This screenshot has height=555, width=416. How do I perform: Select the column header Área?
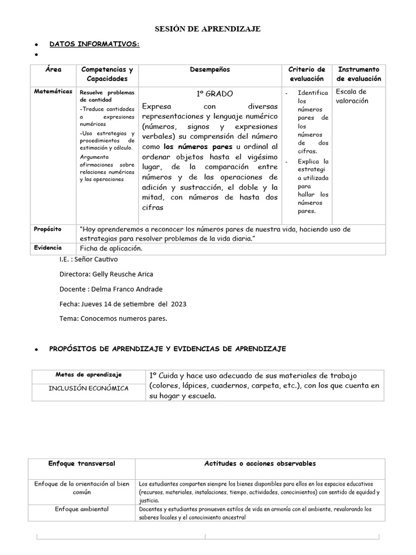[54, 69]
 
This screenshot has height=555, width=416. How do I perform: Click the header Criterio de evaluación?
[307, 74]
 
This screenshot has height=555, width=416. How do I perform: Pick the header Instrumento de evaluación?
[359, 74]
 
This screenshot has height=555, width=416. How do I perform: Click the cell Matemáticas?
[53, 92]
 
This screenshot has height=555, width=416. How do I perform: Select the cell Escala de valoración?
[351, 96]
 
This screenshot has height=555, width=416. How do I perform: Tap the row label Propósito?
[47, 229]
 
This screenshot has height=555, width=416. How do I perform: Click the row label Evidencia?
[47, 247]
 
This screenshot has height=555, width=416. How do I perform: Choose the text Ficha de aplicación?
[110, 248]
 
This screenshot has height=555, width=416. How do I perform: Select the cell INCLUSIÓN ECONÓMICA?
[88, 388]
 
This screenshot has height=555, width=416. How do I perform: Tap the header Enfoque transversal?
[81, 464]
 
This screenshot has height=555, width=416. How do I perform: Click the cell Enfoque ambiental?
[82, 509]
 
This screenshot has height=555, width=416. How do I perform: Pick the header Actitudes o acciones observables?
[260, 464]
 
